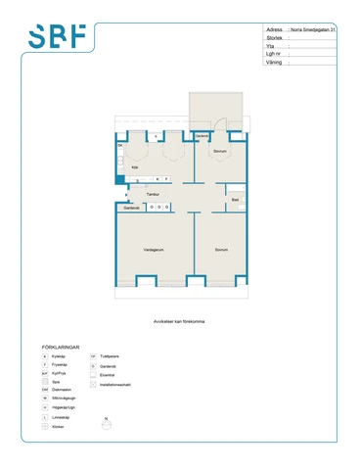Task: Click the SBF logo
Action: point(57,36)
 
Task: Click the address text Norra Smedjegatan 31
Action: point(313,30)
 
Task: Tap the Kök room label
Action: point(135,167)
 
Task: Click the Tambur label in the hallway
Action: point(153,194)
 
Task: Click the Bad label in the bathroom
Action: point(235,200)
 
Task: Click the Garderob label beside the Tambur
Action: point(131,208)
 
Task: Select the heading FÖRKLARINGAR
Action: point(61,347)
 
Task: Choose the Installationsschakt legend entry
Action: point(115,385)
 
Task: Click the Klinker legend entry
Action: point(58,427)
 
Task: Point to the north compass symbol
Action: point(109,423)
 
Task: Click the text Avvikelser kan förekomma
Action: point(180,320)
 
